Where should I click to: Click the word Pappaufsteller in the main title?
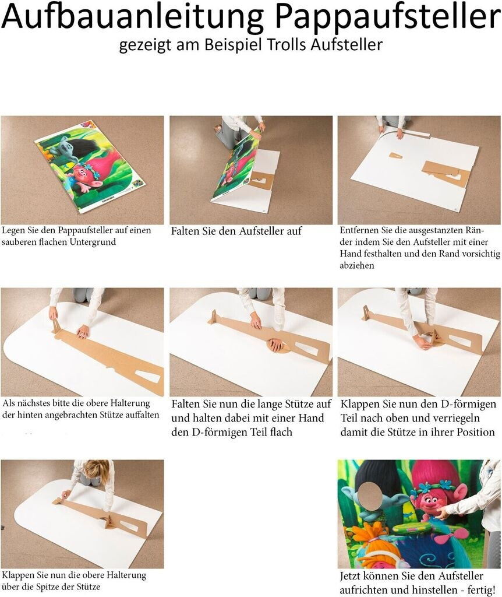387,17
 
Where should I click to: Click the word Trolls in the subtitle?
287,44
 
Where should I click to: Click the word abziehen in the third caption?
357,265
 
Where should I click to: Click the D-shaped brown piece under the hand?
278,346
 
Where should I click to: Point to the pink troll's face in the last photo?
429,503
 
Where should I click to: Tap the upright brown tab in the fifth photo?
213,317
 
